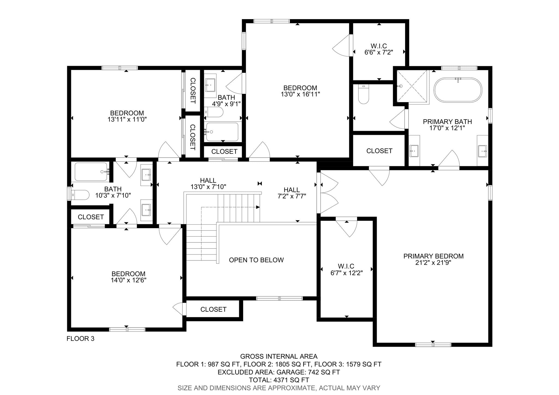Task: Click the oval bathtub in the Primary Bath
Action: (x=458, y=90)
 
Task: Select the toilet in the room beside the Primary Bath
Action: (x=363, y=94)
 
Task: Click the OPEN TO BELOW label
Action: (x=256, y=260)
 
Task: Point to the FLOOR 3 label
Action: (x=81, y=339)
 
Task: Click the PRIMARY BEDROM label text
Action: (x=433, y=256)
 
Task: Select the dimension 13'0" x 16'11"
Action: (x=300, y=94)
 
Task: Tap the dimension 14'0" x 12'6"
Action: (x=129, y=280)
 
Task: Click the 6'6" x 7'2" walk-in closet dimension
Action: (x=379, y=52)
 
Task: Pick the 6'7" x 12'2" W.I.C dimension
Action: (x=347, y=273)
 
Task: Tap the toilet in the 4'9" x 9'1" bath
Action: (x=214, y=112)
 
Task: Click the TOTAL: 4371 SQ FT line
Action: (x=279, y=380)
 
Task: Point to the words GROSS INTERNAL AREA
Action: (x=279, y=357)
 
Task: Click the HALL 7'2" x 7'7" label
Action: (x=292, y=193)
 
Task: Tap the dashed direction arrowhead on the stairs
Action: (x=258, y=207)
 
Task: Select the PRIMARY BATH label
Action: (x=447, y=122)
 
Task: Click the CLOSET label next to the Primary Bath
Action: (x=379, y=151)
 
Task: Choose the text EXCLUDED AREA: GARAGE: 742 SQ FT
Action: (x=279, y=372)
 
